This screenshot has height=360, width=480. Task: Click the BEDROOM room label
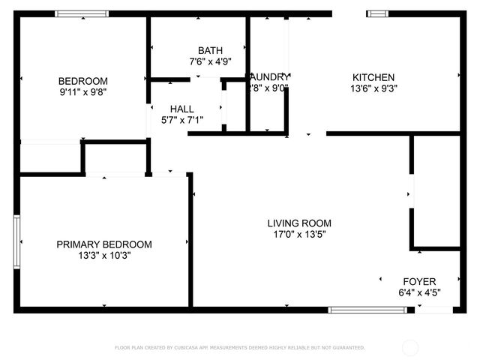83,81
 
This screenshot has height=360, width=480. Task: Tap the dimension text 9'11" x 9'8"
83,93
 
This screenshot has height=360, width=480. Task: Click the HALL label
182,109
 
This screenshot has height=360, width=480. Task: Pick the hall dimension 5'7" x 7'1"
182,120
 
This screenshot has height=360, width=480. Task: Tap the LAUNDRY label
269,76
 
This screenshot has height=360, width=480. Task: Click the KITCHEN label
373,76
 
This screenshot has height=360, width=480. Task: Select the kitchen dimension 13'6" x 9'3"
373,88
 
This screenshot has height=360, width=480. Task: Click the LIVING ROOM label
299,223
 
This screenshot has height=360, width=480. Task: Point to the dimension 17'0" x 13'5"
299,234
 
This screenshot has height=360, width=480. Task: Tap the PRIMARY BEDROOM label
104,244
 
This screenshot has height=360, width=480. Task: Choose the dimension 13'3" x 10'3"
104,256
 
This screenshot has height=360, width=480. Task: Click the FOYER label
419,281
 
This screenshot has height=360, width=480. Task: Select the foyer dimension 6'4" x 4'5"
419,292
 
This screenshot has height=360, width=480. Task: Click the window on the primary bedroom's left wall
16,240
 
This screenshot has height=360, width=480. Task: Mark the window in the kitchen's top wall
377,13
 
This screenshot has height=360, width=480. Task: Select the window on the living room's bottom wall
357,309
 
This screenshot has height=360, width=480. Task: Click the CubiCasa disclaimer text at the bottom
240,348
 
